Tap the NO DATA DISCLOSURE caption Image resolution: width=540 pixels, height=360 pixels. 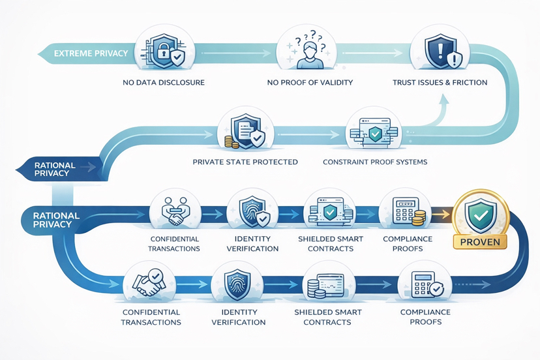click(164, 83)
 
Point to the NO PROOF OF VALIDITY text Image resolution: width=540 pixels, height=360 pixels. click(310, 83)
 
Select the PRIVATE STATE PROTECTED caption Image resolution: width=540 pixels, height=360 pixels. click(245, 162)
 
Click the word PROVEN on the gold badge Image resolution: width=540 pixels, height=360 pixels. click(479, 242)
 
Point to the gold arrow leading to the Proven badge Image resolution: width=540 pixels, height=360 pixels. click(440, 212)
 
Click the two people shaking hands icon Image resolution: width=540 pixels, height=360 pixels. click(174, 210)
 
